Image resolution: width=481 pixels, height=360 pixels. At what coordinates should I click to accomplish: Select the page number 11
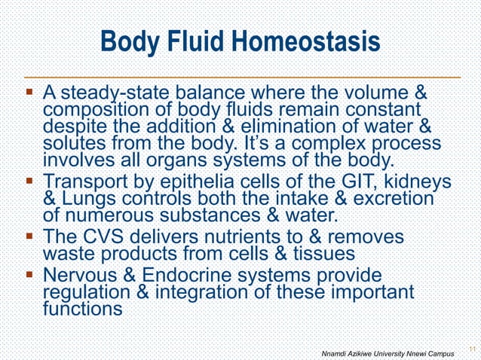coord(471,348)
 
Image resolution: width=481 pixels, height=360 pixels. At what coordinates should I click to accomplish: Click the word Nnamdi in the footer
coord(335,353)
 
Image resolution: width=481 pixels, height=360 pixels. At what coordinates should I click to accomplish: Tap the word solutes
coord(74,141)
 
